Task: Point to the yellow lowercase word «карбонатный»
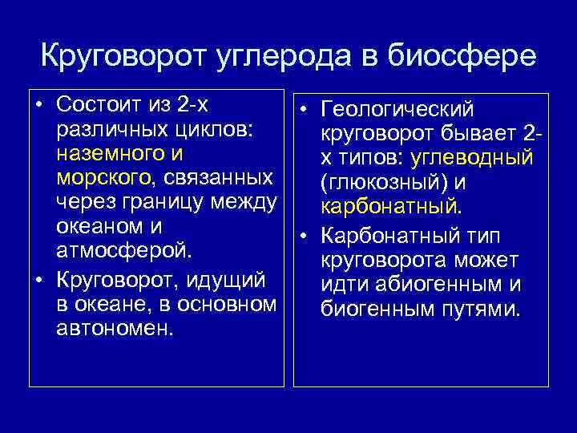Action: coord(388,208)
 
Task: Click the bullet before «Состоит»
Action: coord(38,105)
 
